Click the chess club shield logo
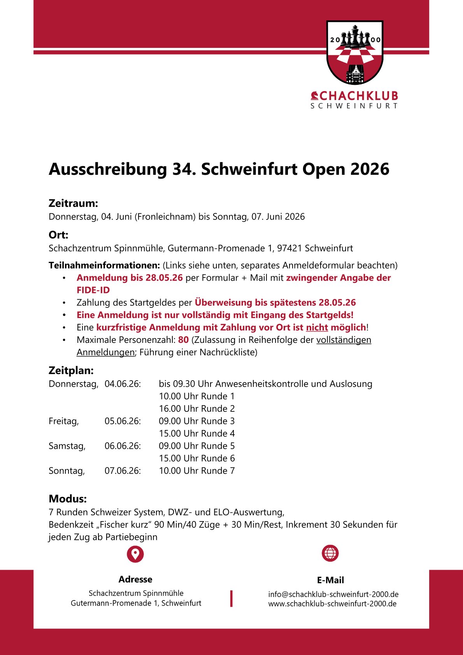(x=355, y=53)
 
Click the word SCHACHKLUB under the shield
(x=354, y=96)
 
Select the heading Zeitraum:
(x=73, y=203)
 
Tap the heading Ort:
(x=58, y=235)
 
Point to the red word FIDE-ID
(x=93, y=290)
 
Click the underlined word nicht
(x=317, y=327)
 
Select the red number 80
(x=183, y=340)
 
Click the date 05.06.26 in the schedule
(x=122, y=421)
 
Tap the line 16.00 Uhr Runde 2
(x=196, y=409)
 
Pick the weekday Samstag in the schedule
(x=67, y=446)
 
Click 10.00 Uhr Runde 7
(x=196, y=471)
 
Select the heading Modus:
(x=68, y=499)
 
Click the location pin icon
(x=135, y=554)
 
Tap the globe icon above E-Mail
(x=330, y=553)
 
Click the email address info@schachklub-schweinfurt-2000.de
(x=333, y=594)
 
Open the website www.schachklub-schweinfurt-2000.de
(x=332, y=604)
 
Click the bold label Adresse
(x=135, y=579)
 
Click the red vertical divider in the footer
(x=231, y=599)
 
